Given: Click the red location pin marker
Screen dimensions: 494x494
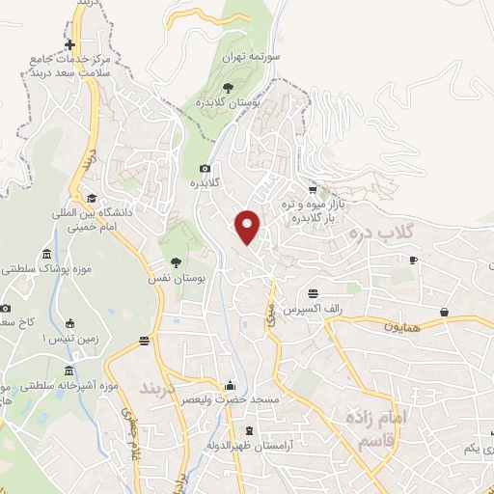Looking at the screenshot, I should point(248,226).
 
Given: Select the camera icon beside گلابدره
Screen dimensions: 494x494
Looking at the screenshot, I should point(205,168).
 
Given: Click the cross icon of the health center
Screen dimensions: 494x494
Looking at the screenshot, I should point(69,45).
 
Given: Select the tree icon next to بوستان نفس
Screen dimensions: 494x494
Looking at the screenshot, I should point(175,261).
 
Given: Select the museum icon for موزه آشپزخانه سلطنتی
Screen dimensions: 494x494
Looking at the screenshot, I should point(68,370).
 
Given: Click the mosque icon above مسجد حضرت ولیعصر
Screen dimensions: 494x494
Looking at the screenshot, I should point(229,384).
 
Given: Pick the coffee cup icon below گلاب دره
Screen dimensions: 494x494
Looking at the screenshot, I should point(413,260).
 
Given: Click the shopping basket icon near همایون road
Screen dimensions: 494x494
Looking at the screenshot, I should point(445,312).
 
